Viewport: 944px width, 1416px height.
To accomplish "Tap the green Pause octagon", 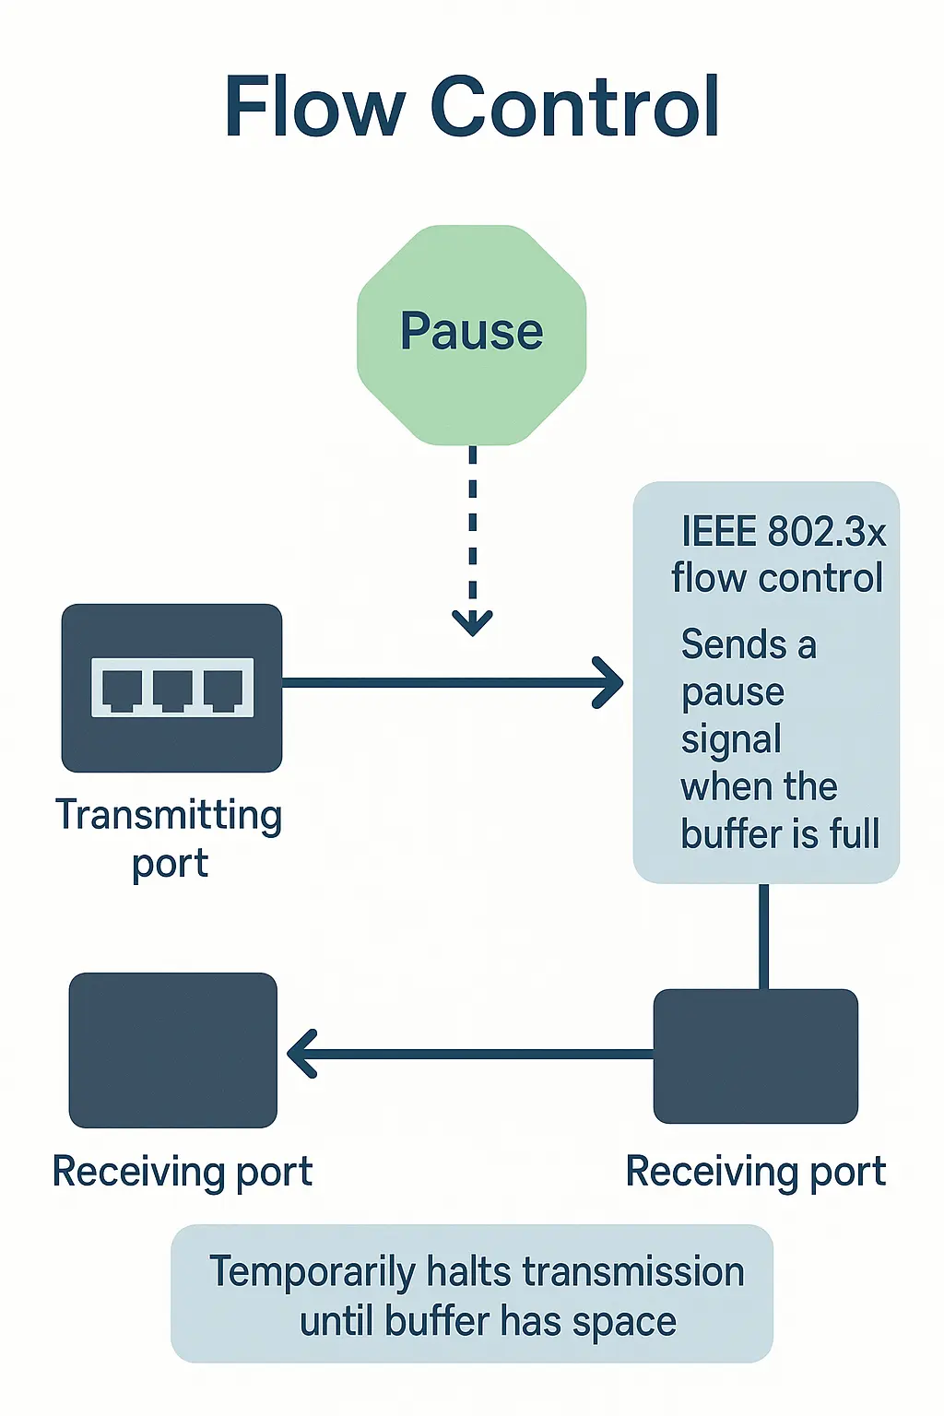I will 471,334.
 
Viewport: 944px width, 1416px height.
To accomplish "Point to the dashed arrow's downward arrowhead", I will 472,623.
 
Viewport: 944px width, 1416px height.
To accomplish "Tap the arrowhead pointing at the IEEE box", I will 609,683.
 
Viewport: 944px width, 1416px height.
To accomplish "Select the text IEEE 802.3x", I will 783,532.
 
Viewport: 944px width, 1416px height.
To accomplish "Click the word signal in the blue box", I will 731,739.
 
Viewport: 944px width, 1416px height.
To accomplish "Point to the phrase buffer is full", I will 780,833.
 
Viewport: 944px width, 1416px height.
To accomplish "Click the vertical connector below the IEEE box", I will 764,935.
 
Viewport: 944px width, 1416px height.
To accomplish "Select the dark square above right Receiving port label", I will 756,1056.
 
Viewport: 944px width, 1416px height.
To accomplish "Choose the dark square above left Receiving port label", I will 173,1050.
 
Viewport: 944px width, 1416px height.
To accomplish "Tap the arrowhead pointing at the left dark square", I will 301,1054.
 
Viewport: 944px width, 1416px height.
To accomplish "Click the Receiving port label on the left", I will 183,1172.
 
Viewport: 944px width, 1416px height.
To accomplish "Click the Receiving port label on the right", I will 756,1172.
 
